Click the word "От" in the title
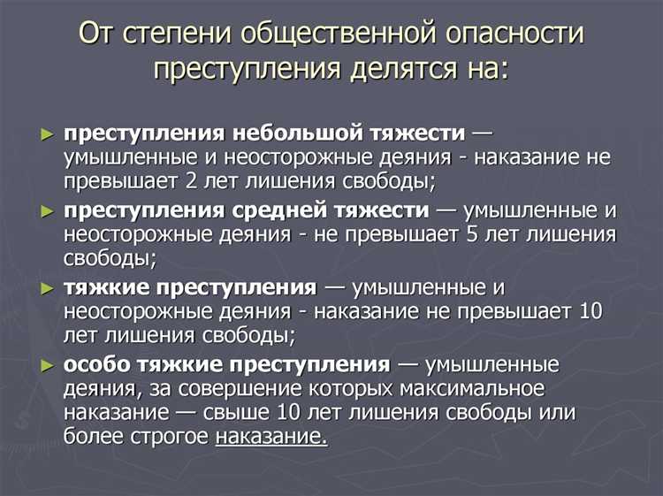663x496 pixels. pos(95,34)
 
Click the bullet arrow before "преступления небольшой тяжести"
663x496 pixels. pos(47,134)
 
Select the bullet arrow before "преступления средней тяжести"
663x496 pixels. pos(47,211)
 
